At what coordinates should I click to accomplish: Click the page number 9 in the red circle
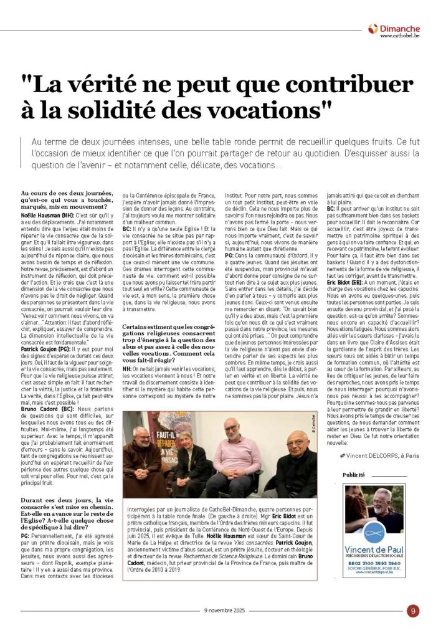pos(412,611)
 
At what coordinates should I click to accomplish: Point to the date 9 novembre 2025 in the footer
pos(222,611)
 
